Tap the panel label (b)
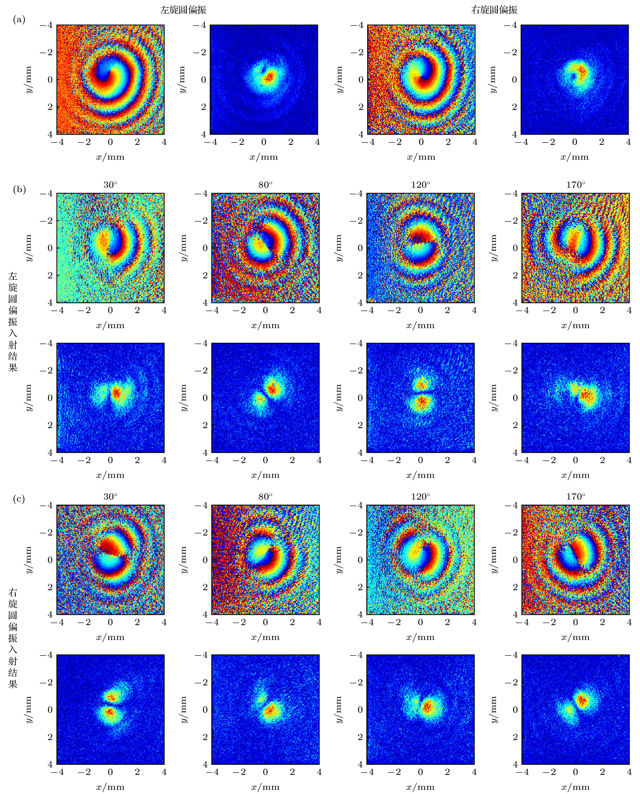[x=19, y=190]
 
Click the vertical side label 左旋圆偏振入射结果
[x=13, y=322]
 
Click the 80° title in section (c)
[x=265, y=497]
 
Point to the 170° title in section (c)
[x=575, y=497]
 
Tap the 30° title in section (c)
[x=110, y=497]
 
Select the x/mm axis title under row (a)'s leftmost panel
[x=110, y=157]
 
